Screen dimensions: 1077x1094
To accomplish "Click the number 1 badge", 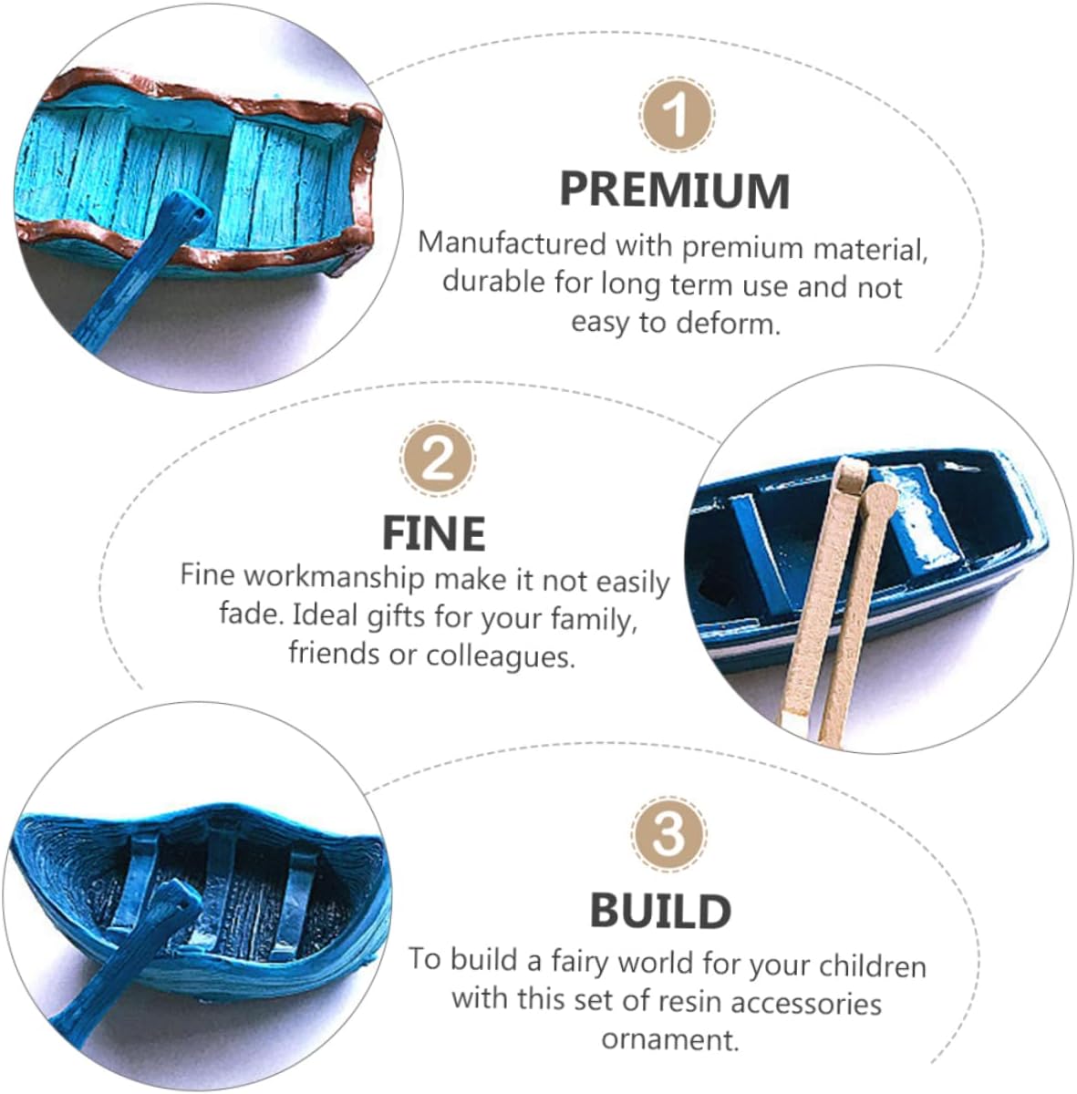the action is coord(676,114).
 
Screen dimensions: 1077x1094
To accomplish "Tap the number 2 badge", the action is coord(438,459).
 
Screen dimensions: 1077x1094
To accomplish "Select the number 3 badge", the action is coord(668,833).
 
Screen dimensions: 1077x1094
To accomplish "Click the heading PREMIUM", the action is coord(675,191).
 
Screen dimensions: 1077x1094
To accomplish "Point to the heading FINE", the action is coord(434,533).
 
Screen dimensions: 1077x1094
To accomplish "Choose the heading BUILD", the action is coord(660,911).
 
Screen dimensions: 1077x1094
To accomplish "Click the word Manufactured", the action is coord(513,244).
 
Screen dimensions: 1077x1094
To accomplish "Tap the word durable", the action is coord(493,282).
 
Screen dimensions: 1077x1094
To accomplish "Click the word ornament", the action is coord(670,1040).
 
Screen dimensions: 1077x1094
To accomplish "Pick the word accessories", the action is coord(806,1003).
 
